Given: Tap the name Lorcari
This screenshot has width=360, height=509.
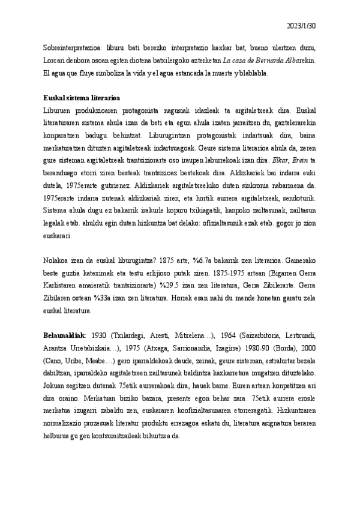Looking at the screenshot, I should pyautogui.click(x=55, y=61).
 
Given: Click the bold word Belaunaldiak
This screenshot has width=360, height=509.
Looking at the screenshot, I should pyautogui.click(x=65, y=335).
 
